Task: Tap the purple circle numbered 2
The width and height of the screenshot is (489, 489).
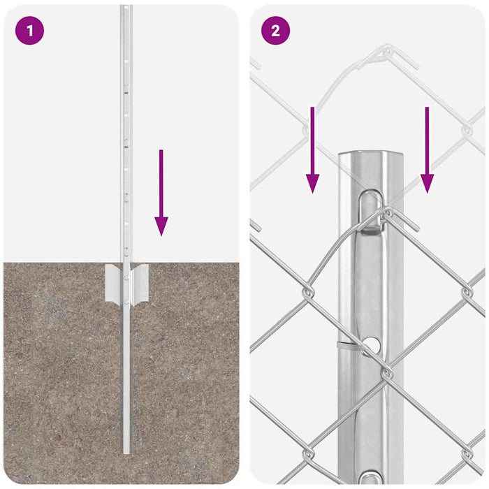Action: coord(275,31)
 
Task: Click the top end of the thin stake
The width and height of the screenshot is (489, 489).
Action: coord(126,8)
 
